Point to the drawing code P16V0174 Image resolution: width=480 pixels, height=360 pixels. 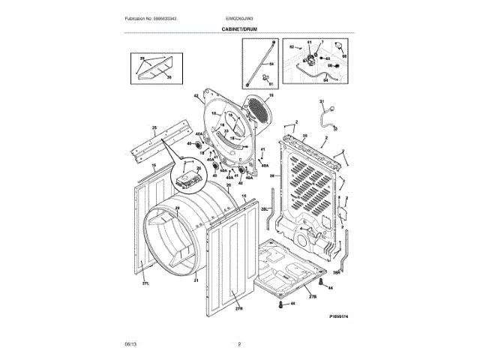tap(339, 316)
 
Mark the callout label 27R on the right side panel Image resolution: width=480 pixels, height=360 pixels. tap(239, 308)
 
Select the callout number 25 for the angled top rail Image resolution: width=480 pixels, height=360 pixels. tap(154, 128)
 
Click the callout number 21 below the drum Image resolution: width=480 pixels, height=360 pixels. tap(196, 280)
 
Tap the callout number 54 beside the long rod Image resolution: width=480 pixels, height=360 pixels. tap(272, 64)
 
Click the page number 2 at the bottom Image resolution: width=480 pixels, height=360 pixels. tap(239, 344)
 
